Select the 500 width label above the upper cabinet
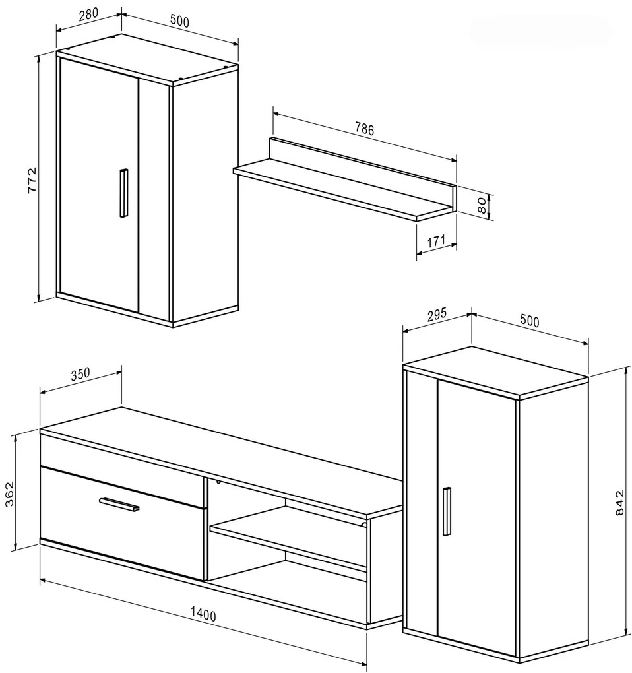pos(179,20)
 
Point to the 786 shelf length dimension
pos(364,129)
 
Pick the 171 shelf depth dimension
pos(436,240)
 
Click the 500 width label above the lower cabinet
pos(530,321)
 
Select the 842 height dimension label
pos(619,503)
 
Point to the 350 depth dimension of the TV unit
pos(80,374)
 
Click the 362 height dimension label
pos(9,494)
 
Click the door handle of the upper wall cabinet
pos(123,193)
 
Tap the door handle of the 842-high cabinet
pos(447,511)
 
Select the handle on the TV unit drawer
pos(119,504)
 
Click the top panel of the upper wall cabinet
pos(147,58)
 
